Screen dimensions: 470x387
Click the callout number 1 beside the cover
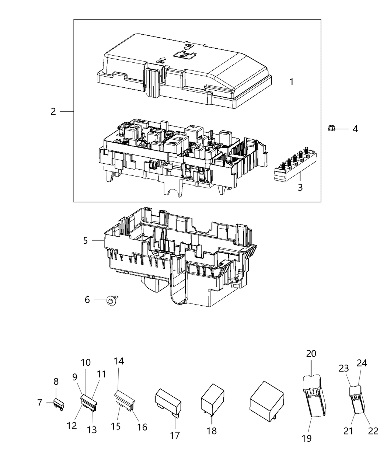click(x=291, y=82)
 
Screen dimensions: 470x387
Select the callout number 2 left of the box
click(x=53, y=111)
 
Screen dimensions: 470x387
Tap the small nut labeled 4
click(x=331, y=128)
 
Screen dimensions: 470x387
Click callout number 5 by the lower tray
click(x=86, y=241)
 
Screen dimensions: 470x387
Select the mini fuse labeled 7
click(x=59, y=404)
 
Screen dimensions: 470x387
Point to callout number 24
click(x=362, y=363)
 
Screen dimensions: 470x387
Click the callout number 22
click(x=373, y=431)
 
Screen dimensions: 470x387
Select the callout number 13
click(x=92, y=429)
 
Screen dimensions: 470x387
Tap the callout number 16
click(x=142, y=427)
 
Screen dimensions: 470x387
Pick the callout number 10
click(x=86, y=362)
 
